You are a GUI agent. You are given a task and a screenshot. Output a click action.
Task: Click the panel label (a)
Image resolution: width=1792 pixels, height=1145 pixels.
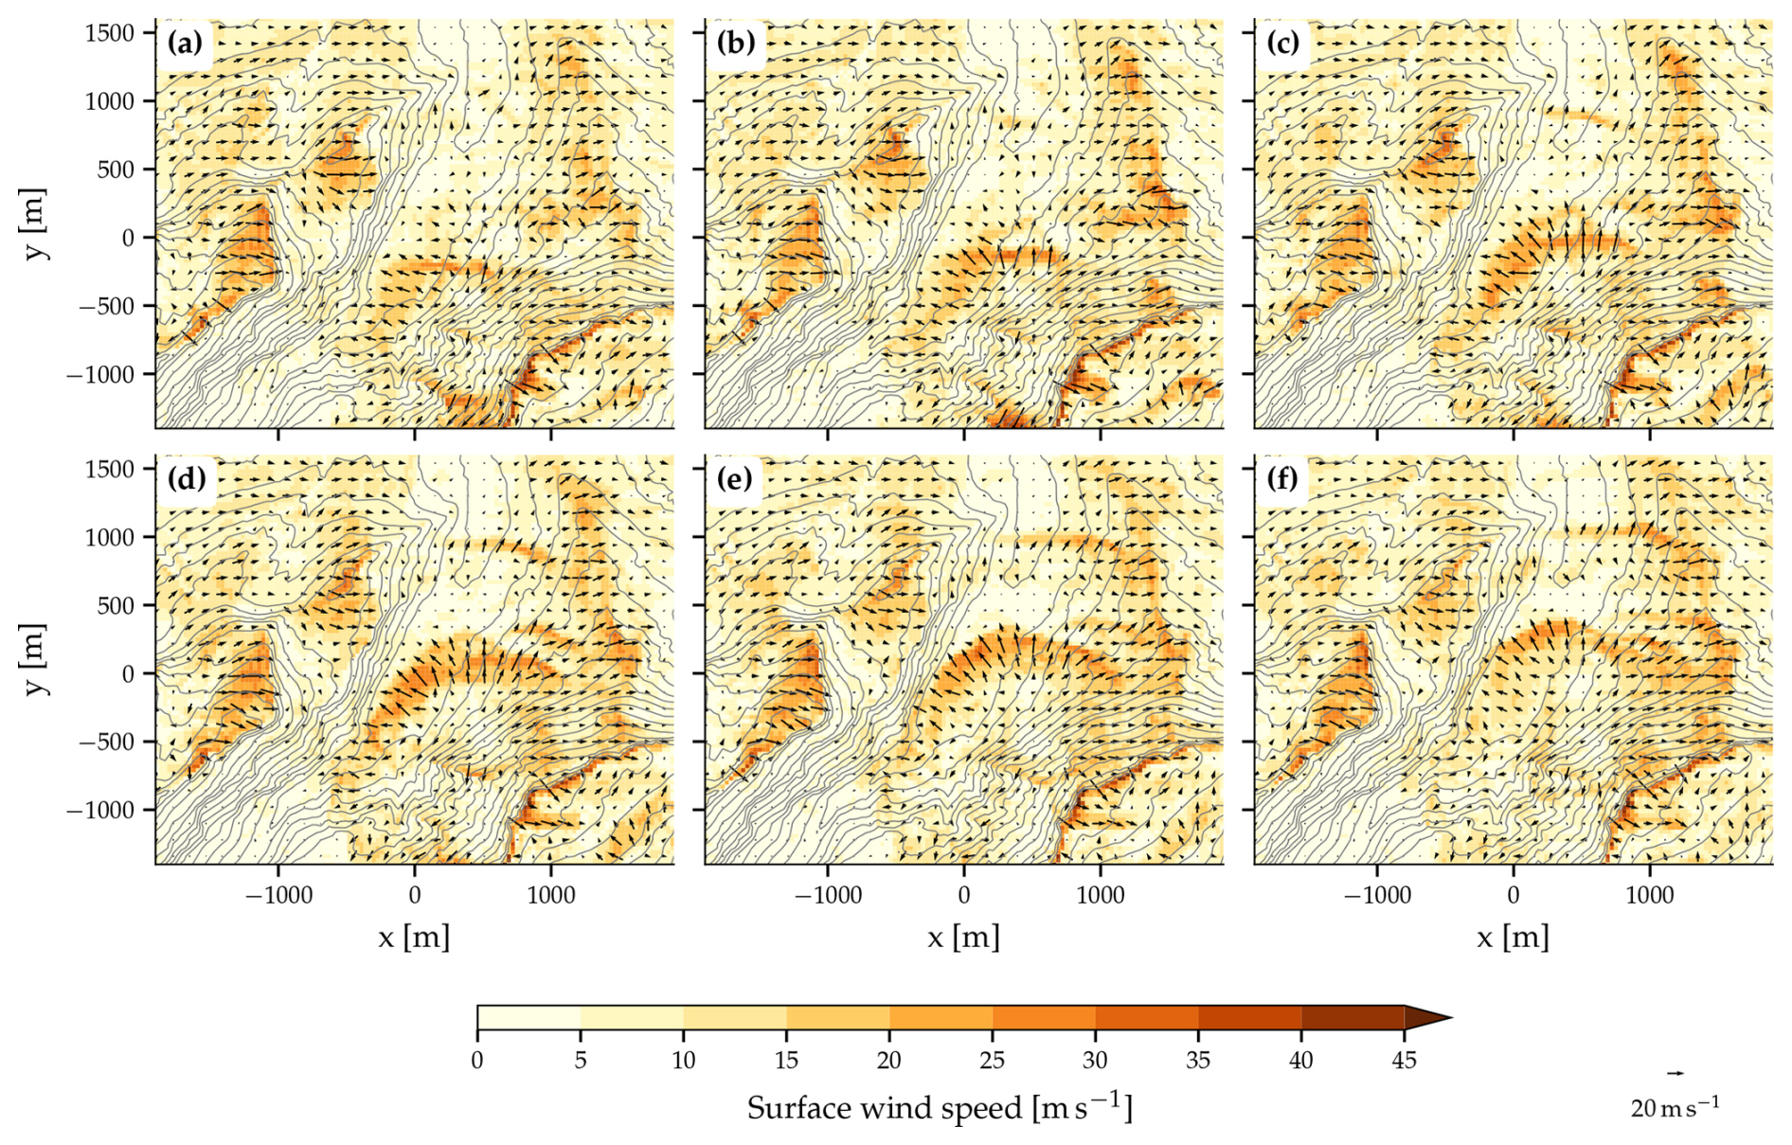click(185, 44)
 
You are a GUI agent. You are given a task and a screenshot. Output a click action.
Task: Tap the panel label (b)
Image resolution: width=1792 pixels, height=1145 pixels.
click(735, 44)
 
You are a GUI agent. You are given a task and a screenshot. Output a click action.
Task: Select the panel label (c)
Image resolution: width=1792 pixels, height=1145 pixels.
click(1283, 44)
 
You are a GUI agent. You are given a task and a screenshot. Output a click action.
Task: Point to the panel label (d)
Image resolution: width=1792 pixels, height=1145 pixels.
click(186, 479)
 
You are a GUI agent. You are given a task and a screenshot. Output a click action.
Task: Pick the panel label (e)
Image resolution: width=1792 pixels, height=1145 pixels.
click(735, 479)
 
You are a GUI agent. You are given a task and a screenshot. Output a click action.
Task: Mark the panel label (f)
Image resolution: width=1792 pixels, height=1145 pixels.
click(1282, 479)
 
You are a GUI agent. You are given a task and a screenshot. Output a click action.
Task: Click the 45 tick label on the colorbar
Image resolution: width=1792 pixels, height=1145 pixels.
click(1404, 1060)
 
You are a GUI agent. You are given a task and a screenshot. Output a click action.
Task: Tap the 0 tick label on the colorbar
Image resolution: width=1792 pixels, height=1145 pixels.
click(477, 1060)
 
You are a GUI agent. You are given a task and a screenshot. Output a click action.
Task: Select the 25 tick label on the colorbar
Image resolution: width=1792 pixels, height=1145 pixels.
click(992, 1060)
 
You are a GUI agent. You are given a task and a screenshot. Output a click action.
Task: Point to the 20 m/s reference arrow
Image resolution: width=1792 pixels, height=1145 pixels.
click(1676, 1073)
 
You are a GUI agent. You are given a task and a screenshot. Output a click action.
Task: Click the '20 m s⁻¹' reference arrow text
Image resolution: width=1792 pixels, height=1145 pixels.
click(1675, 1106)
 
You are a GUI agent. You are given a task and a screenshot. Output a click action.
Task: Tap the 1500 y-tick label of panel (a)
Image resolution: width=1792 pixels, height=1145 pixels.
click(109, 33)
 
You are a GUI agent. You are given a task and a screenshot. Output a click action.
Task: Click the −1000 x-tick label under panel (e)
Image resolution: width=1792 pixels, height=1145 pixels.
click(828, 896)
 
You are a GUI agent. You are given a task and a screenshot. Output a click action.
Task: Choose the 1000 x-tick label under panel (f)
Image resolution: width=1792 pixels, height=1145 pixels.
click(1650, 896)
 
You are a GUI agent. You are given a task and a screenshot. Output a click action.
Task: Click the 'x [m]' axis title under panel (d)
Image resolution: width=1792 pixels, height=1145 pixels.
click(414, 938)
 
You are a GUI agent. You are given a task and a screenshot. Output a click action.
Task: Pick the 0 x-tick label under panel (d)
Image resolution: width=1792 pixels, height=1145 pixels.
click(415, 896)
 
